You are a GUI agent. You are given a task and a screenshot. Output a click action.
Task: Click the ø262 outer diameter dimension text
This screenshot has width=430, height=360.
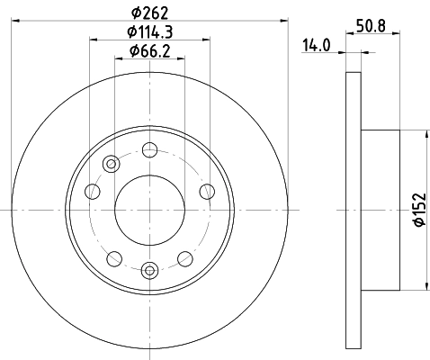(150, 12)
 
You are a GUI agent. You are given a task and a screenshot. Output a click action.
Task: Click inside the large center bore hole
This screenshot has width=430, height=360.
(150, 209)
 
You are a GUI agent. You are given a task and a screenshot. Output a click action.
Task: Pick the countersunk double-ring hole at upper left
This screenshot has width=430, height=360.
(112, 164)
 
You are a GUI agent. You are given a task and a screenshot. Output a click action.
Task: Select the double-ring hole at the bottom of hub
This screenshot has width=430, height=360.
(150, 267)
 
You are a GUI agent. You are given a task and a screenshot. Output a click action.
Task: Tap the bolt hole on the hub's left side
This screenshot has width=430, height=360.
(94, 191)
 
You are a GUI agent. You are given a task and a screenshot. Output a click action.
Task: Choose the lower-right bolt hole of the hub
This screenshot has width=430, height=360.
(185, 256)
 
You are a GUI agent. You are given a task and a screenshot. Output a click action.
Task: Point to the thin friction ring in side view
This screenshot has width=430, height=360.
(353, 209)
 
